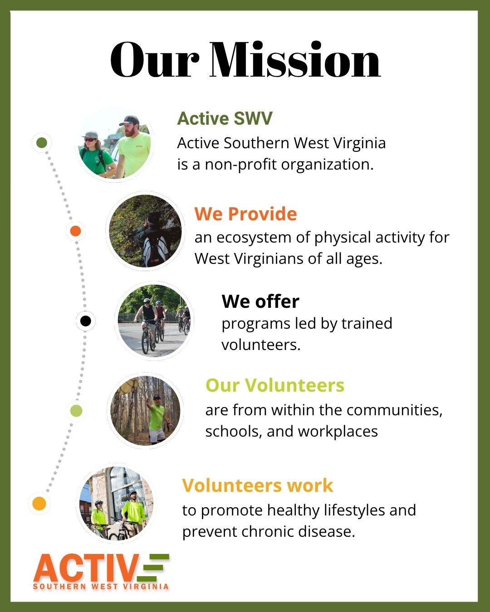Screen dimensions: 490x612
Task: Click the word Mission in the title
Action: pyautogui.click(x=295, y=59)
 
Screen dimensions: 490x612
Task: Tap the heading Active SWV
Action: pyautogui.click(x=225, y=118)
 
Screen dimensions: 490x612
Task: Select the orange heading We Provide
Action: pyautogui.click(x=245, y=214)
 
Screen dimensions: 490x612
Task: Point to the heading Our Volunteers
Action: pyautogui.click(x=275, y=385)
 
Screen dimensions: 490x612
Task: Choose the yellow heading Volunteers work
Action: pyautogui.click(x=257, y=485)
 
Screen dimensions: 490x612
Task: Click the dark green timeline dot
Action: pyautogui.click(x=42, y=143)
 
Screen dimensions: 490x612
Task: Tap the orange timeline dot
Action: pyautogui.click(x=75, y=231)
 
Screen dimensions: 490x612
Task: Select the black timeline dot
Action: pyautogui.click(x=85, y=321)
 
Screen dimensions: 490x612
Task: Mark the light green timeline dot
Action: pyautogui.click(x=76, y=411)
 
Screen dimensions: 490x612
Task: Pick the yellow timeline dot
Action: pyautogui.click(x=39, y=504)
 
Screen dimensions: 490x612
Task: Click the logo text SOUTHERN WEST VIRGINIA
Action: pyautogui.click(x=101, y=587)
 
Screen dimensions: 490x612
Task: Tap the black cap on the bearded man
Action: pyautogui.click(x=129, y=120)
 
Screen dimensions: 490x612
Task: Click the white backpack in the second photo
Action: pyautogui.click(x=156, y=248)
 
